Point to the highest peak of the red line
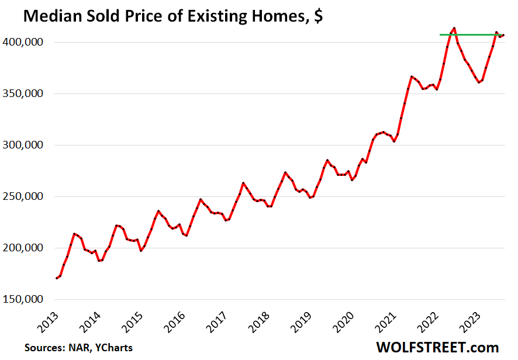tap(454, 27)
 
